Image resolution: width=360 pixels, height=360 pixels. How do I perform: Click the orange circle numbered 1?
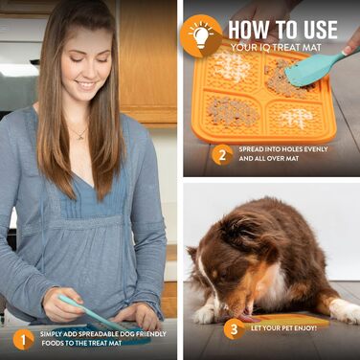tap(24, 338)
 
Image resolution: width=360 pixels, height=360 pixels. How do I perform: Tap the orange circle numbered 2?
tap(222, 155)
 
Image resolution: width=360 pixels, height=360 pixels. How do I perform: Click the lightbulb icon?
tap(200, 35)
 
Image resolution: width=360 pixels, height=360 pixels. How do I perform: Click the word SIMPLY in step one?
tap(53, 334)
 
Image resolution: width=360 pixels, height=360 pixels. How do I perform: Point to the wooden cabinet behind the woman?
tap(148, 57)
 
